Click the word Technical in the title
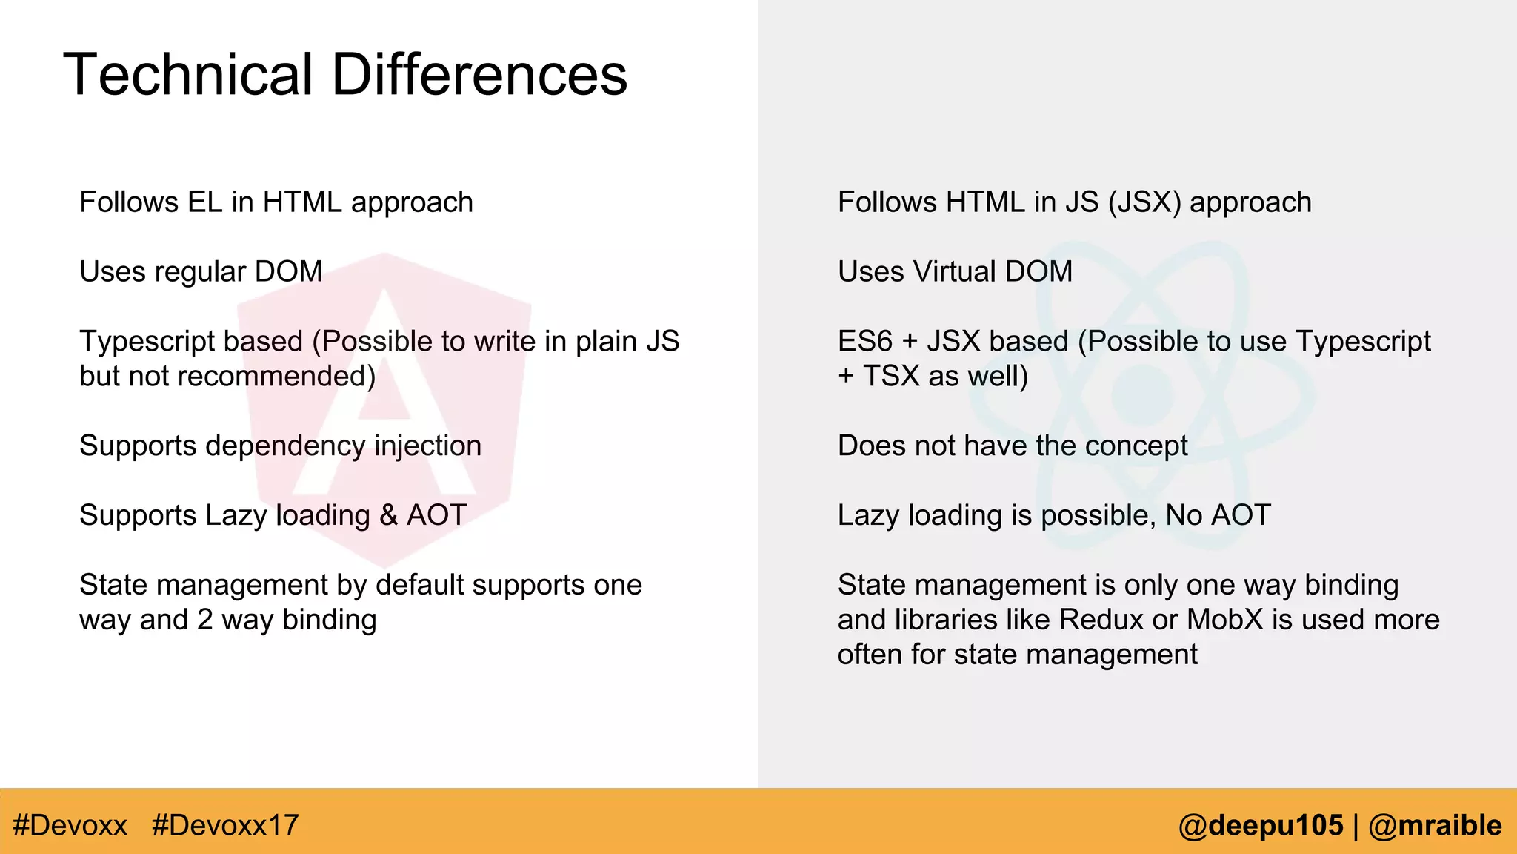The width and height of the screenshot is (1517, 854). (x=189, y=75)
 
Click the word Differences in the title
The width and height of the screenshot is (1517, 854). (x=479, y=75)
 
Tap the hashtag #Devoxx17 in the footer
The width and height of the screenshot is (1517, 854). (x=225, y=825)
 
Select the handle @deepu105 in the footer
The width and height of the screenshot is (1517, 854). (x=1261, y=825)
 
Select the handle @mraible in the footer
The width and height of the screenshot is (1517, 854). (x=1435, y=825)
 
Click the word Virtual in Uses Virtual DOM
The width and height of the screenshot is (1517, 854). (x=954, y=272)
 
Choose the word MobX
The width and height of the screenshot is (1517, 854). (x=1224, y=620)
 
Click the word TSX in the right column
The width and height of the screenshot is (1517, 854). (x=890, y=377)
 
